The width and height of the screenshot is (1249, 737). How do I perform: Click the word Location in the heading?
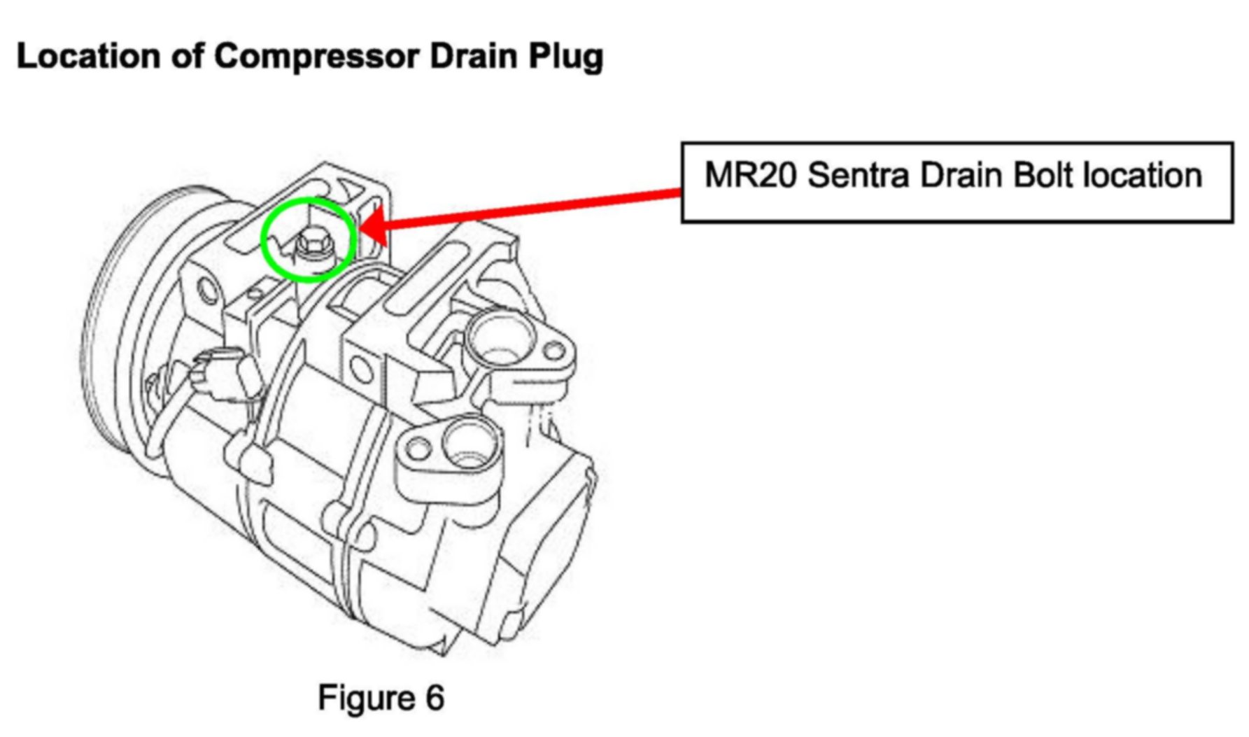pos(88,57)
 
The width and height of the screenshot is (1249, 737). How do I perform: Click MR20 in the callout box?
pos(750,176)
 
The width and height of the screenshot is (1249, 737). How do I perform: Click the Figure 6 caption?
pos(381,698)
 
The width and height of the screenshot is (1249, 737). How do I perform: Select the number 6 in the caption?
pos(434,698)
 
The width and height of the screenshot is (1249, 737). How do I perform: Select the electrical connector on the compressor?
pos(224,378)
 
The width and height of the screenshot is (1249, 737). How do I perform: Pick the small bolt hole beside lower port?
pos(418,447)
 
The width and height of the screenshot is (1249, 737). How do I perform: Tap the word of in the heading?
pos(187,57)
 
